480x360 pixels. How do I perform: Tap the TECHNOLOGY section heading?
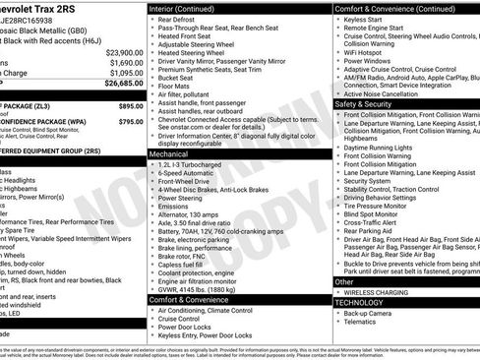click(360, 303)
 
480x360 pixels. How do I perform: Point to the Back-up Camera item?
click(372, 314)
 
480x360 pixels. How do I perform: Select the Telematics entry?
click(364, 324)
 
